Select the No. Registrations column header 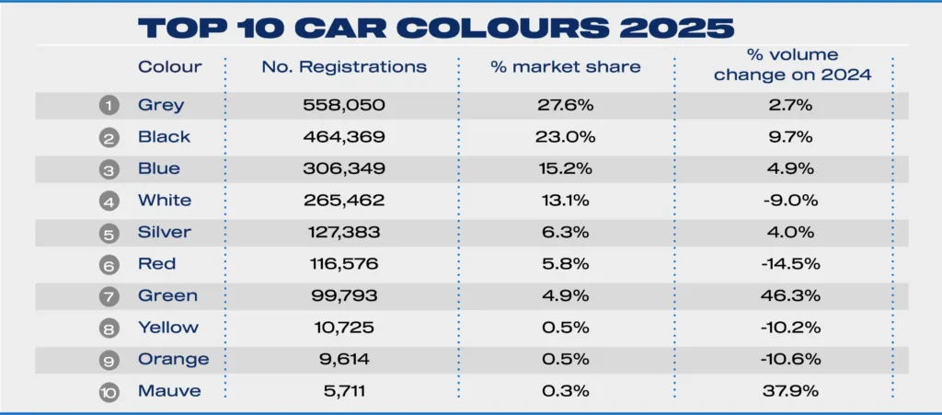point(344,67)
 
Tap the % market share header point(566,67)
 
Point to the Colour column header point(169,67)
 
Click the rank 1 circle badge point(109,106)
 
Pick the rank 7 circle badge point(109,296)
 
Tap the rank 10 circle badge point(109,391)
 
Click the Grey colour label point(161,106)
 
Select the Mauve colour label point(168,391)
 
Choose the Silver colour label point(165,232)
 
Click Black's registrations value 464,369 point(344,137)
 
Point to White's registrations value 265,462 point(344,201)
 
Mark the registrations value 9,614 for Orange point(344,359)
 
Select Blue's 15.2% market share point(566,169)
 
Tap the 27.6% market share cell point(566,106)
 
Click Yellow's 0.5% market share point(566,328)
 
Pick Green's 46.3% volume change point(792,296)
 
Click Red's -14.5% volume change point(792,264)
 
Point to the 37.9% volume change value point(792,391)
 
